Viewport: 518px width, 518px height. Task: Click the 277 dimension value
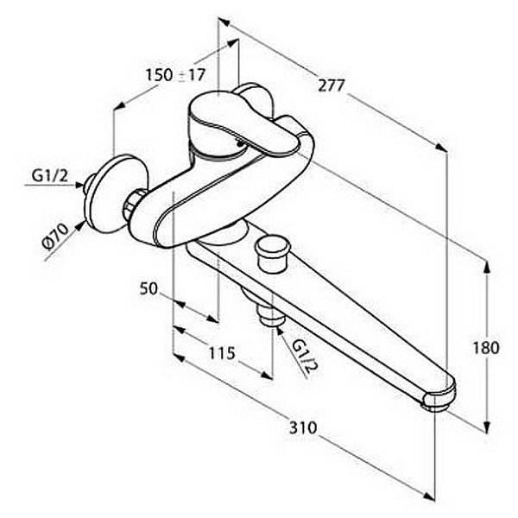click(332, 85)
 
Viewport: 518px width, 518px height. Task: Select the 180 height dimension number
click(486, 348)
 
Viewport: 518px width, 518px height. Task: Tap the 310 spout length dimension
click(303, 427)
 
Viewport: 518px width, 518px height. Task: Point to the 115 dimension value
click(222, 353)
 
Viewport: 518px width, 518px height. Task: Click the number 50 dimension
click(149, 288)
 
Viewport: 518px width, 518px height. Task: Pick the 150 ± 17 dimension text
click(176, 75)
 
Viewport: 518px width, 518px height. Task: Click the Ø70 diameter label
click(55, 236)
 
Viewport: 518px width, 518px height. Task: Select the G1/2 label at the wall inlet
click(50, 176)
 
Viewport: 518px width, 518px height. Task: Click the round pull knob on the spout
click(273, 253)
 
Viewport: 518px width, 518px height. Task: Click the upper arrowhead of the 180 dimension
click(486, 266)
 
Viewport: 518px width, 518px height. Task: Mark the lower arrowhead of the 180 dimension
click(486, 426)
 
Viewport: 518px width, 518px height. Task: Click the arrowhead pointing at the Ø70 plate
click(80, 225)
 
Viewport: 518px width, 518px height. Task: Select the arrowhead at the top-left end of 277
click(224, 22)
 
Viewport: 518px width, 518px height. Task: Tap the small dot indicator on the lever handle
click(240, 143)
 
